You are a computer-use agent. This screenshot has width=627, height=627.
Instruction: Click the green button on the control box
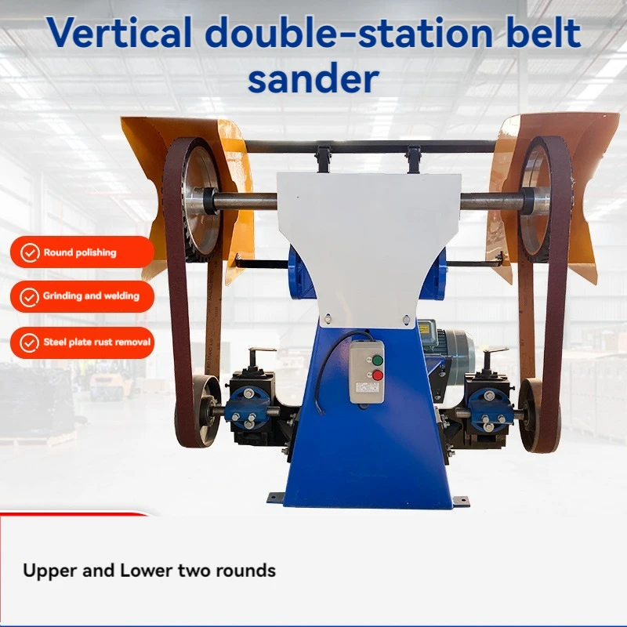pyautogui.click(x=377, y=361)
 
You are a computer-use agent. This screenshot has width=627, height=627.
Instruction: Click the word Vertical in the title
pyautogui.click(x=119, y=32)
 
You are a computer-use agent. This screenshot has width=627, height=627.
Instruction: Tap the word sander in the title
pyautogui.click(x=313, y=78)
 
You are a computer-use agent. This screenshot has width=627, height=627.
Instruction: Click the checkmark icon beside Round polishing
pyautogui.click(x=30, y=252)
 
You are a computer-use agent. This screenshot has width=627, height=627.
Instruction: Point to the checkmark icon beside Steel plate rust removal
pyautogui.click(x=30, y=343)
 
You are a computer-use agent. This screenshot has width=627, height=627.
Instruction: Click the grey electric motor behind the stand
pyautogui.click(x=448, y=347)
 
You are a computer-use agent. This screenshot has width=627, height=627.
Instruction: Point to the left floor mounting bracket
pyautogui.click(x=276, y=498)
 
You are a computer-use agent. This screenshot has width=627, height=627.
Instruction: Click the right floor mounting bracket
pyautogui.click(x=460, y=499)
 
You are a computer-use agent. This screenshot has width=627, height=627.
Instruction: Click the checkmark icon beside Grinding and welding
pyautogui.click(x=30, y=297)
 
